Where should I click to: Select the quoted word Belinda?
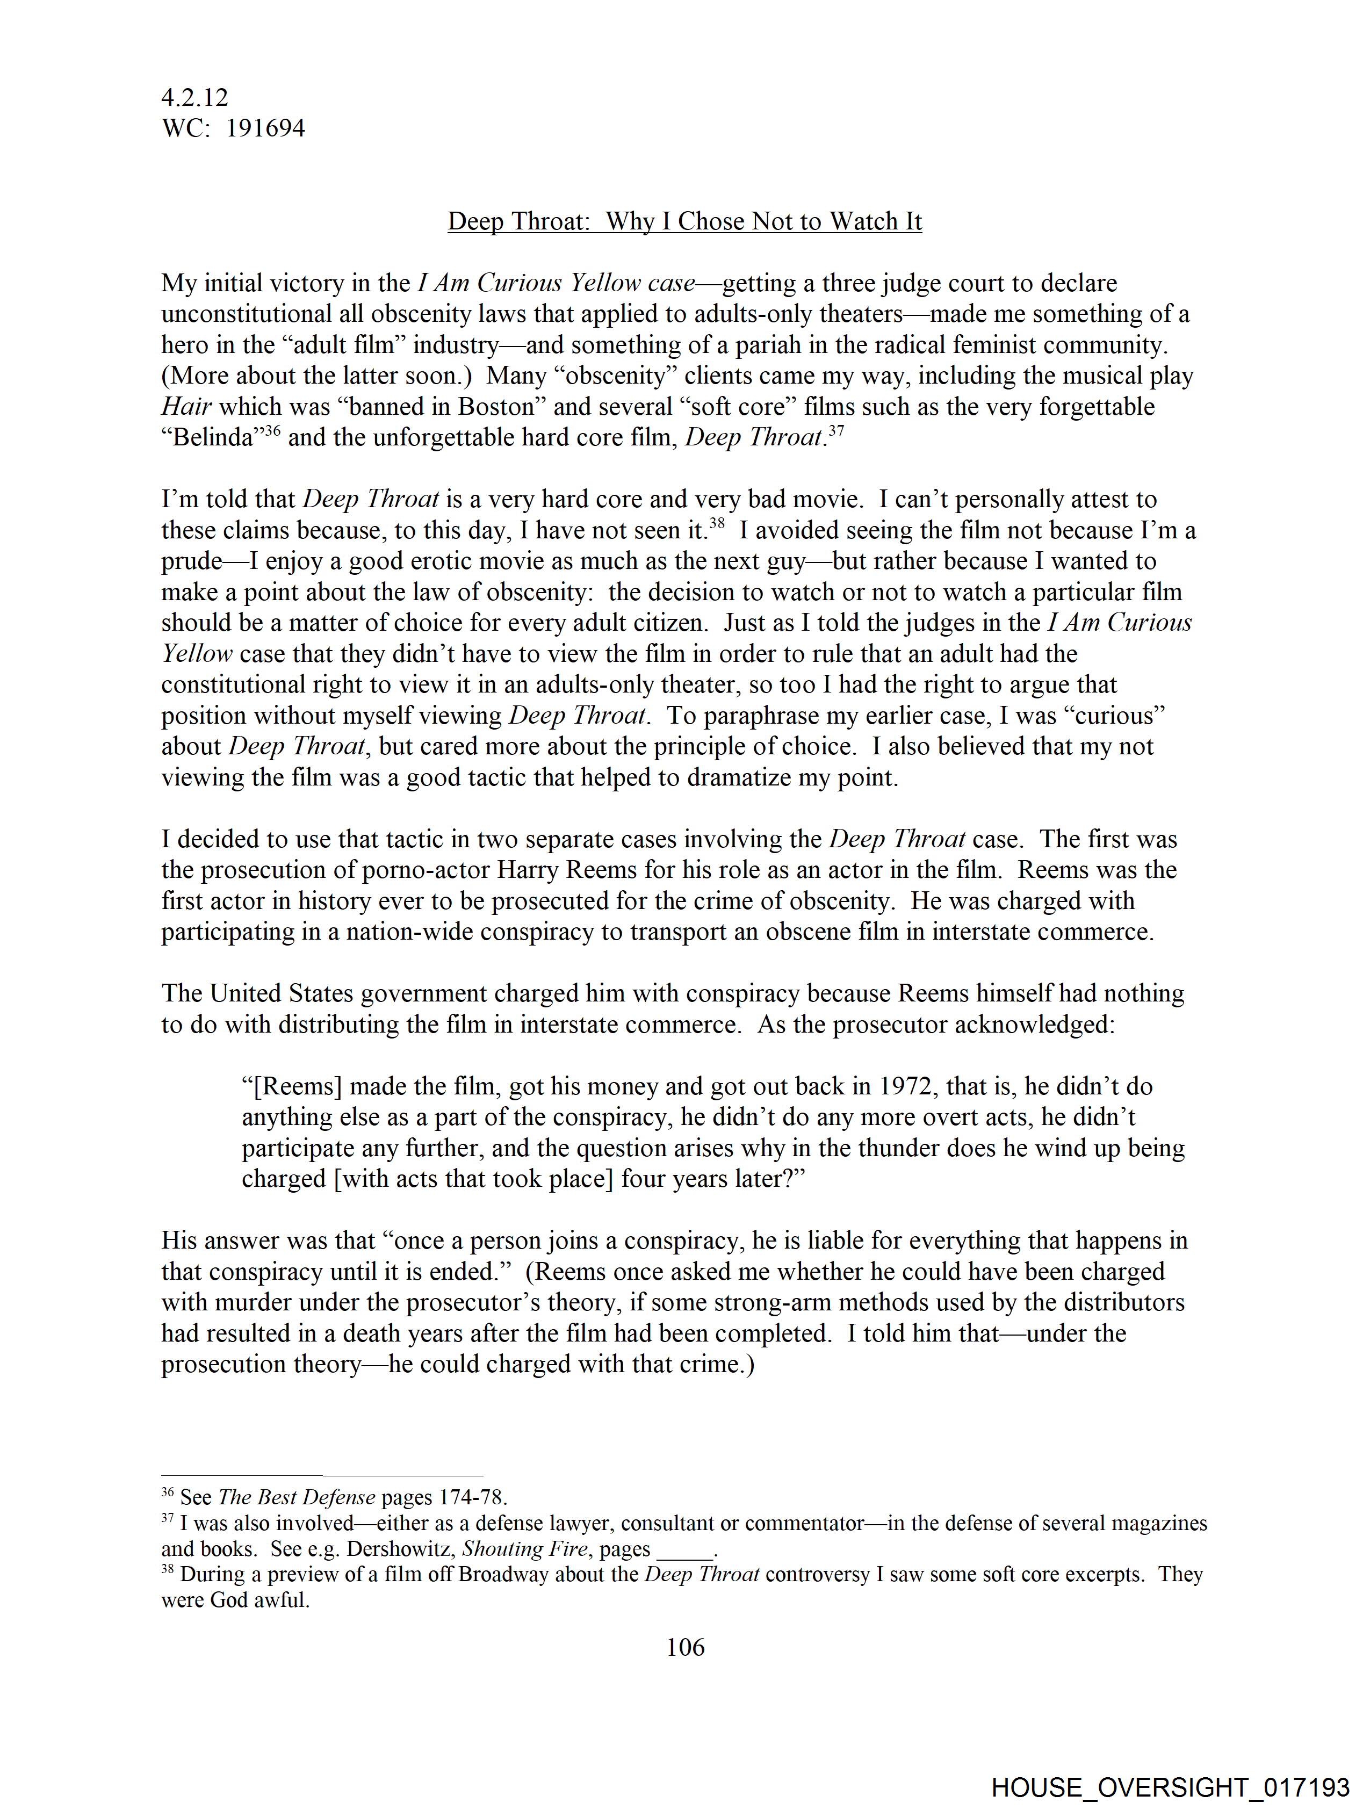pos(208,438)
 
